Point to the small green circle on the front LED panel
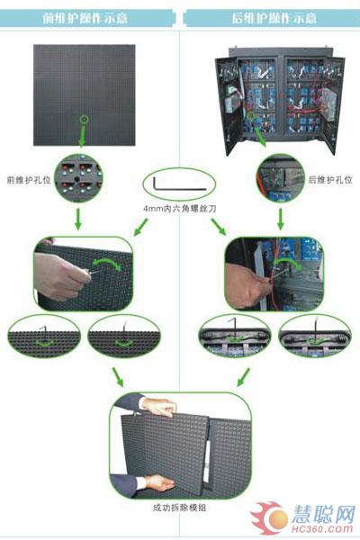point(85,118)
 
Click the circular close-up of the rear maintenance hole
point(280,178)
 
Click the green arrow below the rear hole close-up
point(280,219)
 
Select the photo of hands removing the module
point(180,445)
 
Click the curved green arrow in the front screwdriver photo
point(108,263)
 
